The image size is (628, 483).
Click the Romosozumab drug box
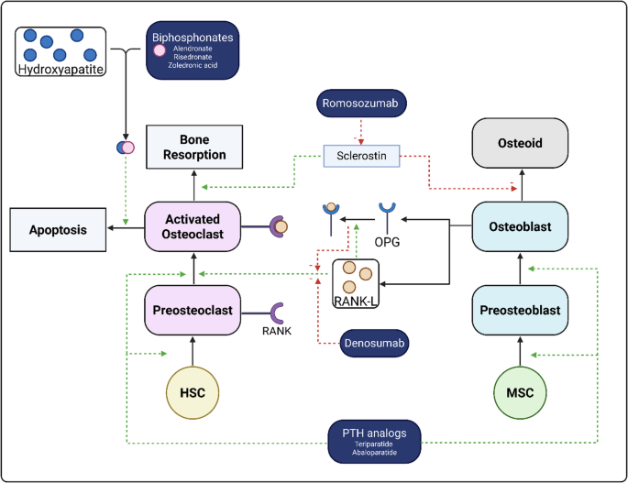click(x=361, y=104)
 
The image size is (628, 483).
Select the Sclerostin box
click(x=361, y=156)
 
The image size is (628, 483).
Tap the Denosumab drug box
click(x=374, y=343)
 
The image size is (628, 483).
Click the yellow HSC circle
click(x=193, y=392)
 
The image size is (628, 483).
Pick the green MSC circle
click(x=520, y=392)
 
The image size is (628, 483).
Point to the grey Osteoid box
click(x=520, y=143)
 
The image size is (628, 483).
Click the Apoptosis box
click(x=58, y=230)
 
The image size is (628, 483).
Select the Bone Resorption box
click(x=194, y=147)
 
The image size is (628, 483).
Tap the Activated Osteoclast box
click(x=193, y=226)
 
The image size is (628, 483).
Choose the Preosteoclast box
click(x=193, y=310)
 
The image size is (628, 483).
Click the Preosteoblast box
click(x=520, y=310)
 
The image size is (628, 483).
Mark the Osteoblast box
click(x=520, y=226)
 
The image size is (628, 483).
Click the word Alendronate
click(x=193, y=49)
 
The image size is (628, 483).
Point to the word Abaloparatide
click(x=374, y=453)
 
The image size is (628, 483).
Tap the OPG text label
click(x=387, y=242)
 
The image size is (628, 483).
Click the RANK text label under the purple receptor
click(x=277, y=331)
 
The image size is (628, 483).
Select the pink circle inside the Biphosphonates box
click(x=160, y=50)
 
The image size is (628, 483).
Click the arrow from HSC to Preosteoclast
click(x=193, y=351)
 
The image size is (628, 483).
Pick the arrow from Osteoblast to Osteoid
click(x=522, y=184)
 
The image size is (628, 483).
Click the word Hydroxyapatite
click(x=61, y=70)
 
